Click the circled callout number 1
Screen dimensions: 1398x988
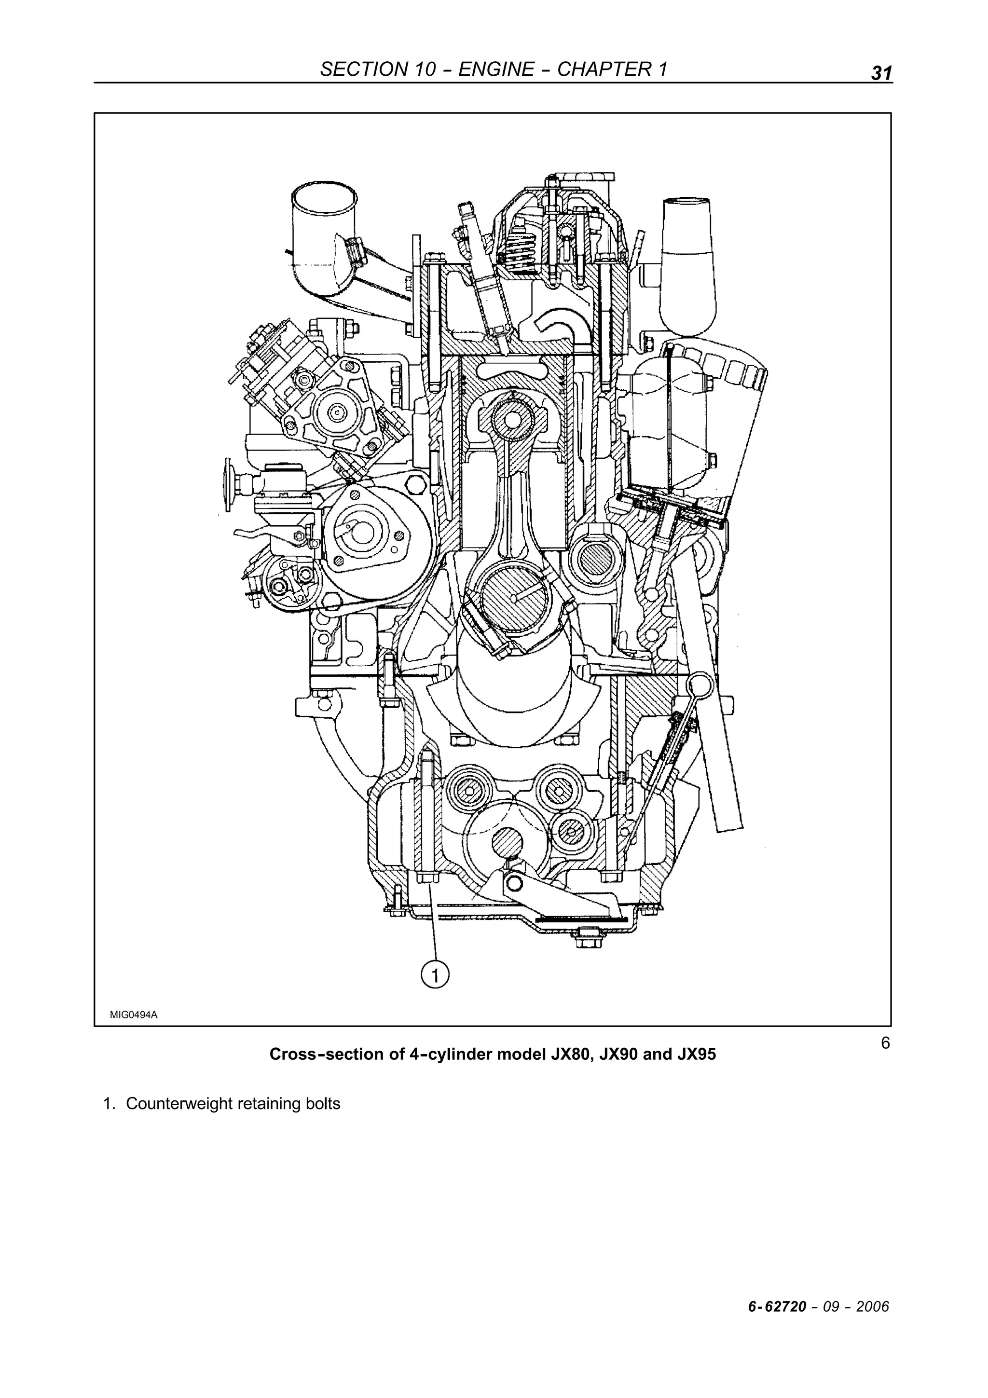pyautogui.click(x=435, y=975)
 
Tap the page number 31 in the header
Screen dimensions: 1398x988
pyautogui.click(x=881, y=73)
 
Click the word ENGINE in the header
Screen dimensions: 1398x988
pyautogui.click(x=495, y=69)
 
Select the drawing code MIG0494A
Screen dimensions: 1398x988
pyautogui.click(x=133, y=1014)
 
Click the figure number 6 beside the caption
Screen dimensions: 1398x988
pyautogui.click(x=885, y=1043)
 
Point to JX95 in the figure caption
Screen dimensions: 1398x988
pyautogui.click(x=697, y=1054)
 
